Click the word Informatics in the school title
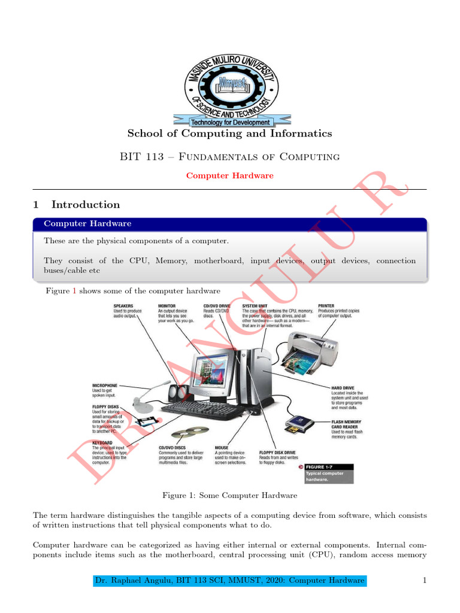(x=299, y=133)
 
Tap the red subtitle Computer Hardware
(x=229, y=175)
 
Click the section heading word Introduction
(x=86, y=205)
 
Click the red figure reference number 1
(x=74, y=291)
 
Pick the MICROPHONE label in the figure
(x=105, y=385)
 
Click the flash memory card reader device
(x=299, y=423)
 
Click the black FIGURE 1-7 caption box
(x=329, y=474)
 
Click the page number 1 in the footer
(x=424, y=580)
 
